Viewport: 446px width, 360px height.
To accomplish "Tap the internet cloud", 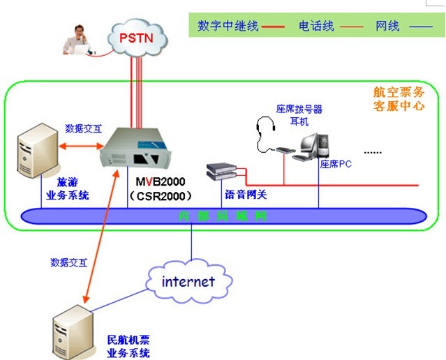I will tap(188, 282).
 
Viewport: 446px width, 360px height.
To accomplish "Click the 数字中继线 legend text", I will tap(228, 27).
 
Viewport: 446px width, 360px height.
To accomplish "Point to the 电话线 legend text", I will tap(316, 27).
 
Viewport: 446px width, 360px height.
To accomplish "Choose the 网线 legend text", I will tap(387, 27).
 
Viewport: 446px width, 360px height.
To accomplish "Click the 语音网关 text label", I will tap(246, 195).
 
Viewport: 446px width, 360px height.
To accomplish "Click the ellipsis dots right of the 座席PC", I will tap(374, 151).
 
